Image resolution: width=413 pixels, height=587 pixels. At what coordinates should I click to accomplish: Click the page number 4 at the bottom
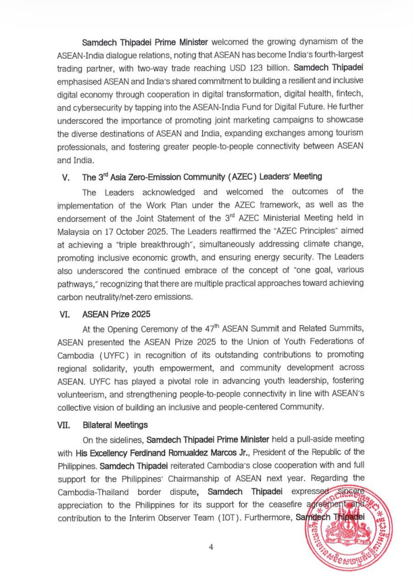[x=211, y=547]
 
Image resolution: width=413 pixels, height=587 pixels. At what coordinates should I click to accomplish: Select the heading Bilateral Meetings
[x=115, y=424]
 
